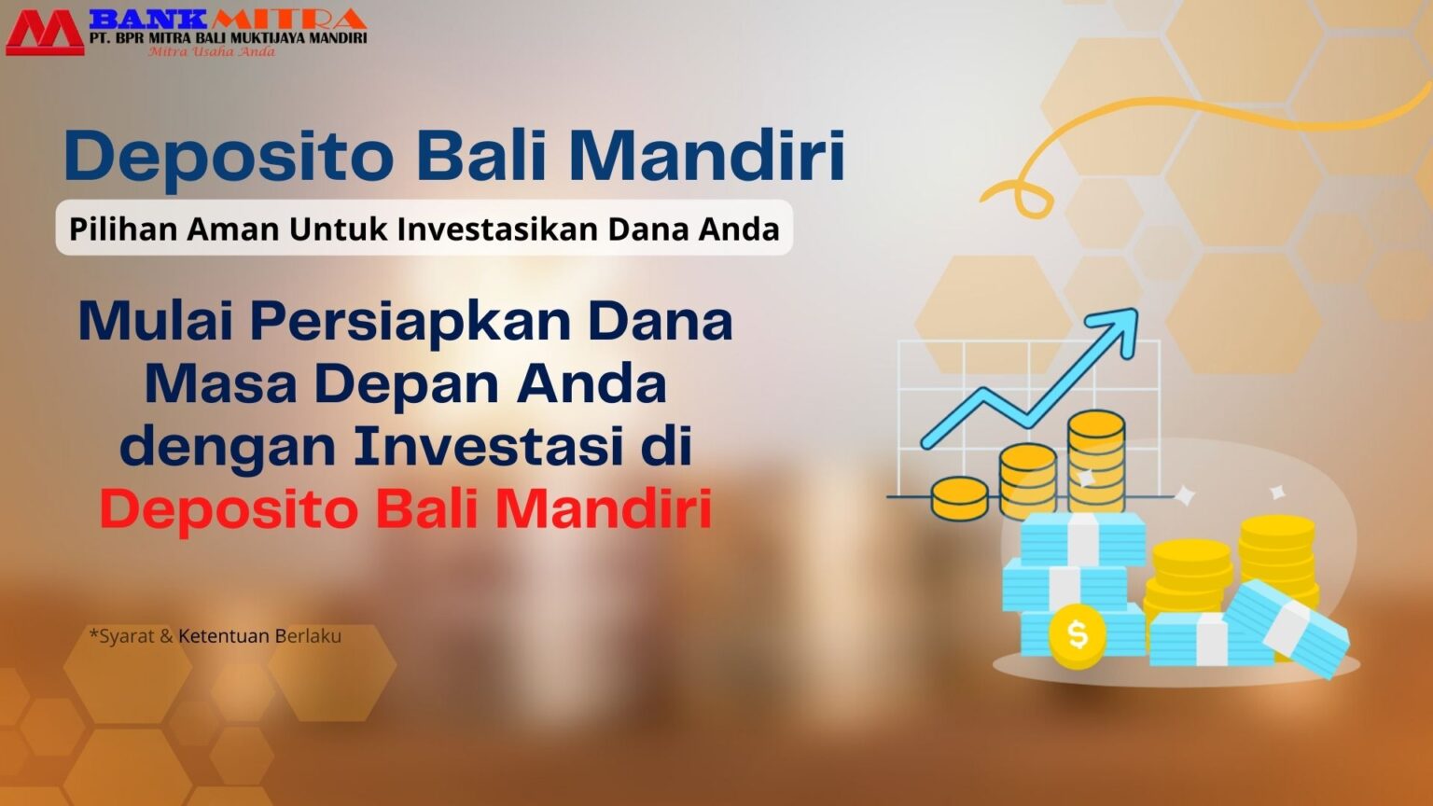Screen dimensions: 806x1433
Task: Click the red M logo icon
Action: (43, 33)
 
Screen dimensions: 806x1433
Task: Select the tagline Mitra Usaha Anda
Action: (212, 52)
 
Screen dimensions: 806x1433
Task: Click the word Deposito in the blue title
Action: (229, 157)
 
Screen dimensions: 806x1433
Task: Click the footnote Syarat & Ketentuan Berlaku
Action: (216, 636)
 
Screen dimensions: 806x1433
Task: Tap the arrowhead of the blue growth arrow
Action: (1120, 327)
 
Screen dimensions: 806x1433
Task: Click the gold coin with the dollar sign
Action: (1077, 635)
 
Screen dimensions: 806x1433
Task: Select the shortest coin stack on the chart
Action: (959, 497)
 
